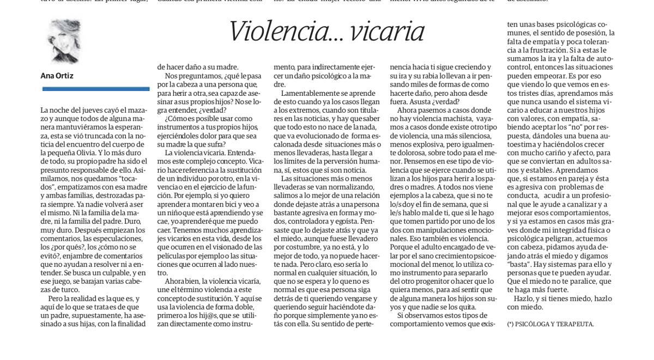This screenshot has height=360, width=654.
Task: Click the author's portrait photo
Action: click(64, 41)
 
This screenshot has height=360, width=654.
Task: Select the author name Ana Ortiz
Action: click(57, 76)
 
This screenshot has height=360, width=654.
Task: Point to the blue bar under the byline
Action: click(95, 89)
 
